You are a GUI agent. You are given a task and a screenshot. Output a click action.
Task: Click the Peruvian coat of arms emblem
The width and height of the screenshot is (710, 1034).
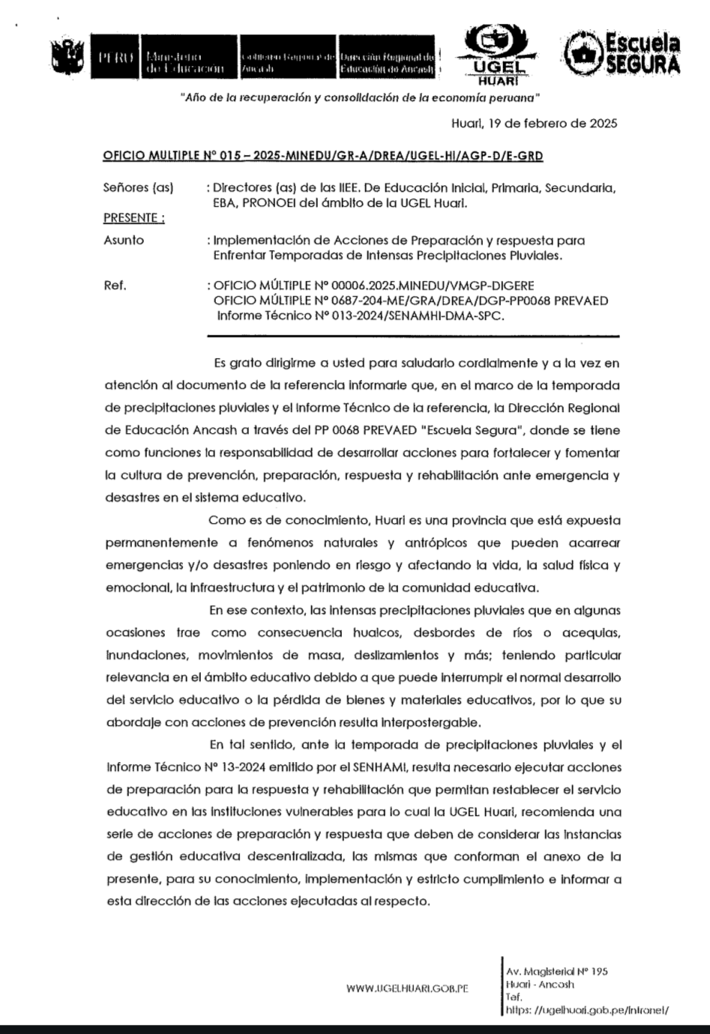coord(67,58)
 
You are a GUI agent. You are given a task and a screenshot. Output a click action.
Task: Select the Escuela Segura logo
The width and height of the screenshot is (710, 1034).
coord(623,54)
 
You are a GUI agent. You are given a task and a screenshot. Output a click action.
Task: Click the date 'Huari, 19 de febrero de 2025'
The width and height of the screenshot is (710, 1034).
coord(535,123)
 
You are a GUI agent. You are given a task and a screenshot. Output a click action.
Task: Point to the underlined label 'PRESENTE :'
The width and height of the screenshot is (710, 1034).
coord(133,218)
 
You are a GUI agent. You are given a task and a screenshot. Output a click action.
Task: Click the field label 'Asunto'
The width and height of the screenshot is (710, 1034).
coord(124,241)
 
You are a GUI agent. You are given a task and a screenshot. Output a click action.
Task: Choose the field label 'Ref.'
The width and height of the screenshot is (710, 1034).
coord(115,285)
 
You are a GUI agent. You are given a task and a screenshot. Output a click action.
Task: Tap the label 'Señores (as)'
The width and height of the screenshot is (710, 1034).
coord(138,188)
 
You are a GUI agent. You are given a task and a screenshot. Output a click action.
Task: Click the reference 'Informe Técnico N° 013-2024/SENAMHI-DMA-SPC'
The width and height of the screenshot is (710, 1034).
coord(361,315)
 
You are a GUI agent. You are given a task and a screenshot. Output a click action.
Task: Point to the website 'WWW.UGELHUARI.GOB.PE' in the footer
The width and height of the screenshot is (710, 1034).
coord(407,988)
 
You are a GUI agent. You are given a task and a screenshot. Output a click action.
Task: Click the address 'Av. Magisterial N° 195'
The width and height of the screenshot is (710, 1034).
coord(557,971)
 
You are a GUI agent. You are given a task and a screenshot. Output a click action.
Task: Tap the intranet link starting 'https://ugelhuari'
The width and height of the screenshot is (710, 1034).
coord(587,1010)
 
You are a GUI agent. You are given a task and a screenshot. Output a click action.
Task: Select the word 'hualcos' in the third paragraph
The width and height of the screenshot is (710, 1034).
coord(376,632)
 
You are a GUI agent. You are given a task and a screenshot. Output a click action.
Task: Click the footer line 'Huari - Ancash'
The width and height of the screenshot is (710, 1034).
coord(540,985)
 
